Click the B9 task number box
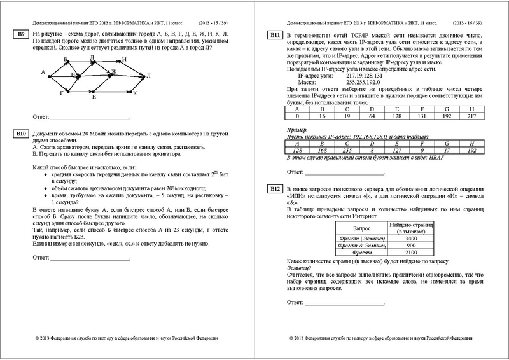pos(21,33)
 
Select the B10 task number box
pos(21,134)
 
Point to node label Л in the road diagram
pos(149,75)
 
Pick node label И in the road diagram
pos(125,60)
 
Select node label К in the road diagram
pos(136,93)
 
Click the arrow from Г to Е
pos(78,93)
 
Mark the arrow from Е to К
pos(113,93)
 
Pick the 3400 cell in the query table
pos(410,238)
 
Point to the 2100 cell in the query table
pos(410,252)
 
